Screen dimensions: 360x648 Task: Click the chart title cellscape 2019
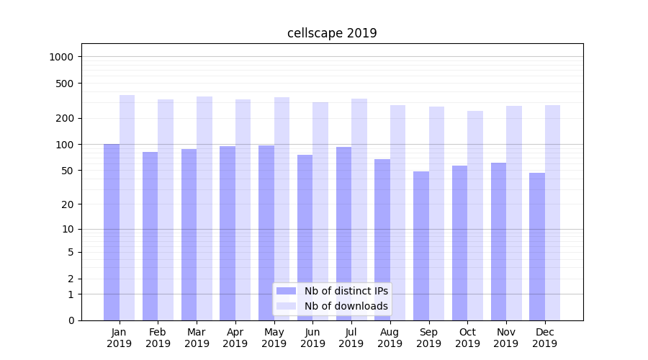(332, 33)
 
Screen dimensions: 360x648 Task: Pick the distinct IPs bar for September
(421, 246)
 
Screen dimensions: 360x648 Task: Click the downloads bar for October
(475, 215)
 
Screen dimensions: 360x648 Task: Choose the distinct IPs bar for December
(537, 246)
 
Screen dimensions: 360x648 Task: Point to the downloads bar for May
(282, 209)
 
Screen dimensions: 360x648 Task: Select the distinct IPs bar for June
(305, 238)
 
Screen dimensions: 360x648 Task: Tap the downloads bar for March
(204, 208)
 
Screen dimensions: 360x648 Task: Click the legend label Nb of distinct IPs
(346, 291)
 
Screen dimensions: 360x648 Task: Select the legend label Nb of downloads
(346, 306)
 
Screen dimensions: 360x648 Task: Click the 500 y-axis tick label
(66, 84)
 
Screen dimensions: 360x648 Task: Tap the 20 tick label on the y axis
(68, 204)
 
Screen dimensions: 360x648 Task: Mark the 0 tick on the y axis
(71, 320)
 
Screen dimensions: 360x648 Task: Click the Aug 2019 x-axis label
(390, 338)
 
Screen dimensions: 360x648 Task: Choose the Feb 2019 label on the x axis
(158, 338)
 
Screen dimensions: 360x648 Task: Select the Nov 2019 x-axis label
(506, 338)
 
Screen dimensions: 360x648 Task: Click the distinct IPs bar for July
(343, 233)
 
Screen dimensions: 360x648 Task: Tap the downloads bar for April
(243, 210)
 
